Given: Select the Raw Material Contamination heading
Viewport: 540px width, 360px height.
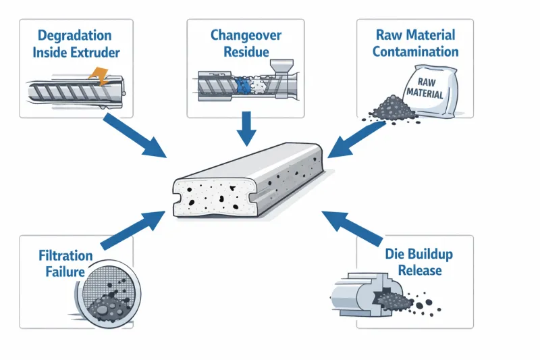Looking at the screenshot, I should point(415,43).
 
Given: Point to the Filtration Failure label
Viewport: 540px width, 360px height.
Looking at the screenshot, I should point(65,263).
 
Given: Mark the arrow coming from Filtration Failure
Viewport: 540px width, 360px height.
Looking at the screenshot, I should point(132,230).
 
